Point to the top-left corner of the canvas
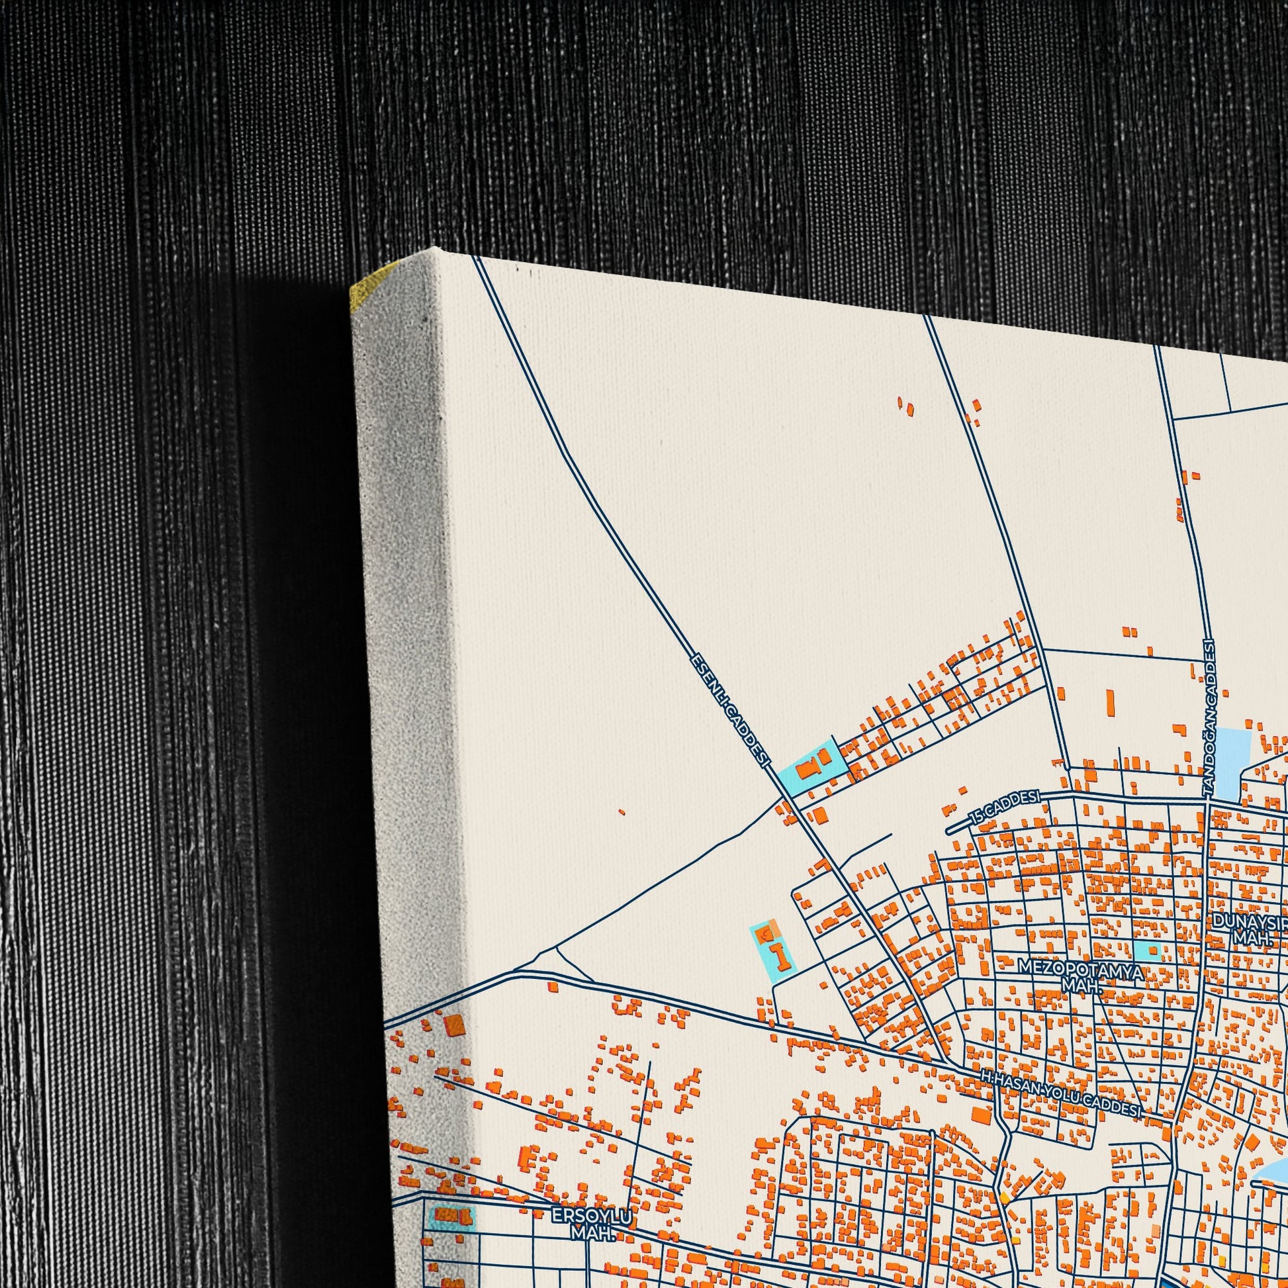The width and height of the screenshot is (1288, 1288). pos(436,248)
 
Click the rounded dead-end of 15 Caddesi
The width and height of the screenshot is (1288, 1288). pos(950,831)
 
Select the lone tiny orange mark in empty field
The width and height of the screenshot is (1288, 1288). pos(621,812)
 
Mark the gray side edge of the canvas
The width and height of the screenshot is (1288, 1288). pos(400,600)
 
